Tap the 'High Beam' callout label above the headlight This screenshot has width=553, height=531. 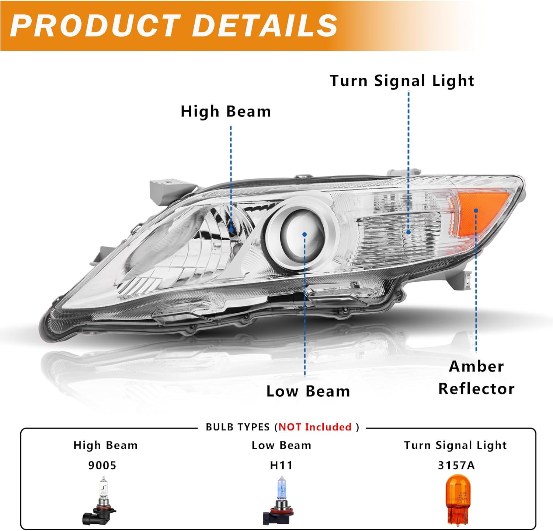pos(226,112)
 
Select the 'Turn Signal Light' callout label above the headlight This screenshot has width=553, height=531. pos(401,81)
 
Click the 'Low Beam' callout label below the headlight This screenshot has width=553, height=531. pos(308,391)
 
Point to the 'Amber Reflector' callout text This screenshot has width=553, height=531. pos(476,377)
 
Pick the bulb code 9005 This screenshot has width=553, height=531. pos(102,465)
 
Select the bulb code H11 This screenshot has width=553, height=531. pos(281,465)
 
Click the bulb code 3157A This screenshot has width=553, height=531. pos(456,465)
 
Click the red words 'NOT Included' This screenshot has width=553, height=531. pos(315,427)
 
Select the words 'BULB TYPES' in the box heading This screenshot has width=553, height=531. pos(238,427)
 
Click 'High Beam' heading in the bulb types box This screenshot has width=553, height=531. pos(105,445)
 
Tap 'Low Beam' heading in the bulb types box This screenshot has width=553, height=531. pos(281,445)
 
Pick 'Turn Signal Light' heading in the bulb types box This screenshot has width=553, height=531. pos(455,445)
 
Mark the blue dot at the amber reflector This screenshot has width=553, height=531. pos(476,211)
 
